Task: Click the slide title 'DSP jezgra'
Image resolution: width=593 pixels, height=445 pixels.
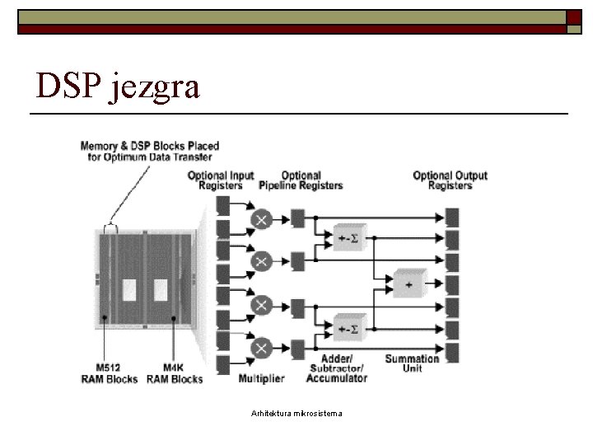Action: point(117,87)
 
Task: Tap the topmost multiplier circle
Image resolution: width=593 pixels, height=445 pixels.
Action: point(261,219)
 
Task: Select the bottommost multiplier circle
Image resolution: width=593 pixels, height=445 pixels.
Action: point(261,348)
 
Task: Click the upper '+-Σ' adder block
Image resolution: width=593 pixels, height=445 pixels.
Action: point(350,237)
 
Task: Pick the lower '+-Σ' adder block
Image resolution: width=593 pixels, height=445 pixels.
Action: point(350,328)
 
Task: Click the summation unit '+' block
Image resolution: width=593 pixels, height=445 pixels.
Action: point(410,283)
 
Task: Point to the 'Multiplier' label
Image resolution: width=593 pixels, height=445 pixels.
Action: point(261,378)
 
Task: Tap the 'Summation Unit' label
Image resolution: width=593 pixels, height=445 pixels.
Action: point(412,363)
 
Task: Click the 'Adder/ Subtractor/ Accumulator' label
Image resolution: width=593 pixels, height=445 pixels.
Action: point(337,368)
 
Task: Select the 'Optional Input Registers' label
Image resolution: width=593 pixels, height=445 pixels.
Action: point(221,180)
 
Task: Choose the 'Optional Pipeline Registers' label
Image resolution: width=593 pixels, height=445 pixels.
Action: point(301,180)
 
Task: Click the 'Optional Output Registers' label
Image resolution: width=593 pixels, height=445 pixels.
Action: point(450,180)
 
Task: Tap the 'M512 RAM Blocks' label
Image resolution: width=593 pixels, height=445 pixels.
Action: point(110,373)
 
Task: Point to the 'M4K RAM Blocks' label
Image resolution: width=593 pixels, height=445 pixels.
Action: point(175,373)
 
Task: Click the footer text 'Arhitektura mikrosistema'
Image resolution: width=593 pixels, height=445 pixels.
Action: point(296,413)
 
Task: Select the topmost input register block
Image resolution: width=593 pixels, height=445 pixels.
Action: point(222,206)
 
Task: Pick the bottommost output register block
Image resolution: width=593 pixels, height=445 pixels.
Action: point(452,353)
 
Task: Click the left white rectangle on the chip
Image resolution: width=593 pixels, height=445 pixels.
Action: point(129,290)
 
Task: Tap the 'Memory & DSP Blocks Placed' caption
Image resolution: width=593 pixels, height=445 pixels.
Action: point(150,146)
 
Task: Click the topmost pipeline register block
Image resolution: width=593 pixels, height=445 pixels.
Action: point(298,218)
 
